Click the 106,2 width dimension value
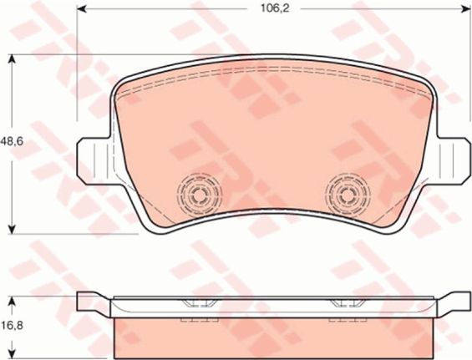274,8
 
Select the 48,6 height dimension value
12,141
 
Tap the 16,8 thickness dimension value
12,325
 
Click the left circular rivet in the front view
199,195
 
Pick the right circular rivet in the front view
348,195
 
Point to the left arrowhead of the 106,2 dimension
82,8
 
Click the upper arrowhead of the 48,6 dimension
12,59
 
